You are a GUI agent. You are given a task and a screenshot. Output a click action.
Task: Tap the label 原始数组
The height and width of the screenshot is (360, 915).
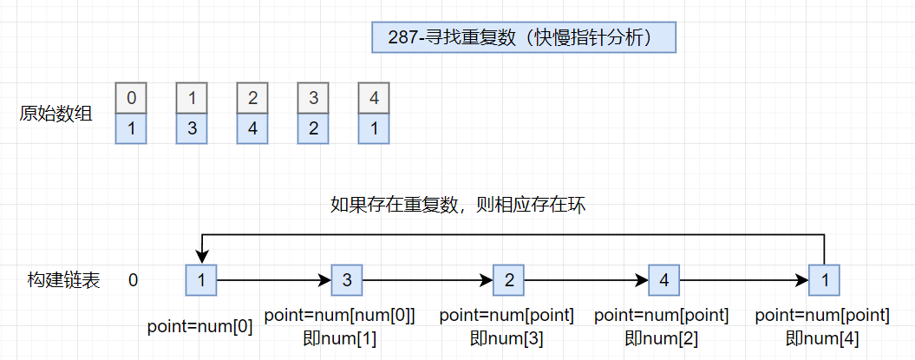(x=56, y=114)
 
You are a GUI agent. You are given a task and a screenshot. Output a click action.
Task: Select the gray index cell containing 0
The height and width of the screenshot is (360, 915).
(x=131, y=98)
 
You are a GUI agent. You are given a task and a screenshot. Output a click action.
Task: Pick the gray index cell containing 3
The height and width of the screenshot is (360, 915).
(x=313, y=98)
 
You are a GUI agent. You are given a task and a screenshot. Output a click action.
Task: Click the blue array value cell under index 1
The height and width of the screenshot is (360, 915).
(x=192, y=129)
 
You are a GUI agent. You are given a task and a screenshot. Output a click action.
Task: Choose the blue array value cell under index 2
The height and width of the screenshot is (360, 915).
(x=252, y=129)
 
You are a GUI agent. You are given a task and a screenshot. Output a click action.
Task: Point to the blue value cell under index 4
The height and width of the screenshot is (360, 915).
(x=374, y=129)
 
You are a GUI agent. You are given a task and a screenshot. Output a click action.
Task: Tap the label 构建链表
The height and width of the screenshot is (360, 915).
(x=63, y=280)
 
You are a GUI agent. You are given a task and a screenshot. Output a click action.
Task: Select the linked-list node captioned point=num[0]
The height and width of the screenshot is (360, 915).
(x=201, y=280)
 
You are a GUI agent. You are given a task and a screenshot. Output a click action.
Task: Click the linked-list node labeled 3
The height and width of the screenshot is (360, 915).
(x=346, y=280)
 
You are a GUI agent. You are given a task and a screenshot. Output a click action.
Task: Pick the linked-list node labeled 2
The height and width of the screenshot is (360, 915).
(x=508, y=280)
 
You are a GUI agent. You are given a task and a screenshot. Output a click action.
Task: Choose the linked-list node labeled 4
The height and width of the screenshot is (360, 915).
(x=663, y=280)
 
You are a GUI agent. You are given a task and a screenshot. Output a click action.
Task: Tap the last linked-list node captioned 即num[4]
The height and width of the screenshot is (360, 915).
(x=824, y=280)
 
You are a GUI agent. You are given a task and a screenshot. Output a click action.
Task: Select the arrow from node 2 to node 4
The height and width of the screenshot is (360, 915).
(x=585, y=281)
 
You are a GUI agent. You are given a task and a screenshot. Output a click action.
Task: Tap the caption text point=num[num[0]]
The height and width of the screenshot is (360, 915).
(x=340, y=317)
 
